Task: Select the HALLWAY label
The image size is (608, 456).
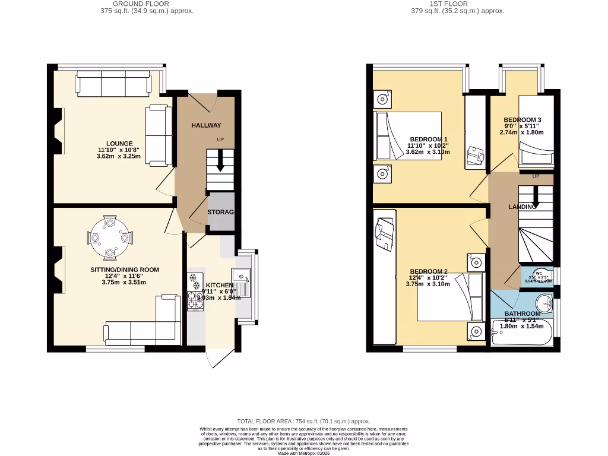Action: [206, 125]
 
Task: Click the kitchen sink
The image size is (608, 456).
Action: [241, 275]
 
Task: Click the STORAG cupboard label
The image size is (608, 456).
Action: [221, 212]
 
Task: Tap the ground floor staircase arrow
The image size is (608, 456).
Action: [221, 162]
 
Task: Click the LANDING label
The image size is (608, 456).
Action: [522, 207]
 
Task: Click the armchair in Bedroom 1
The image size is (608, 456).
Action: [476, 155]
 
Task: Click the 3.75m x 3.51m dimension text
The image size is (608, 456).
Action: [124, 282]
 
